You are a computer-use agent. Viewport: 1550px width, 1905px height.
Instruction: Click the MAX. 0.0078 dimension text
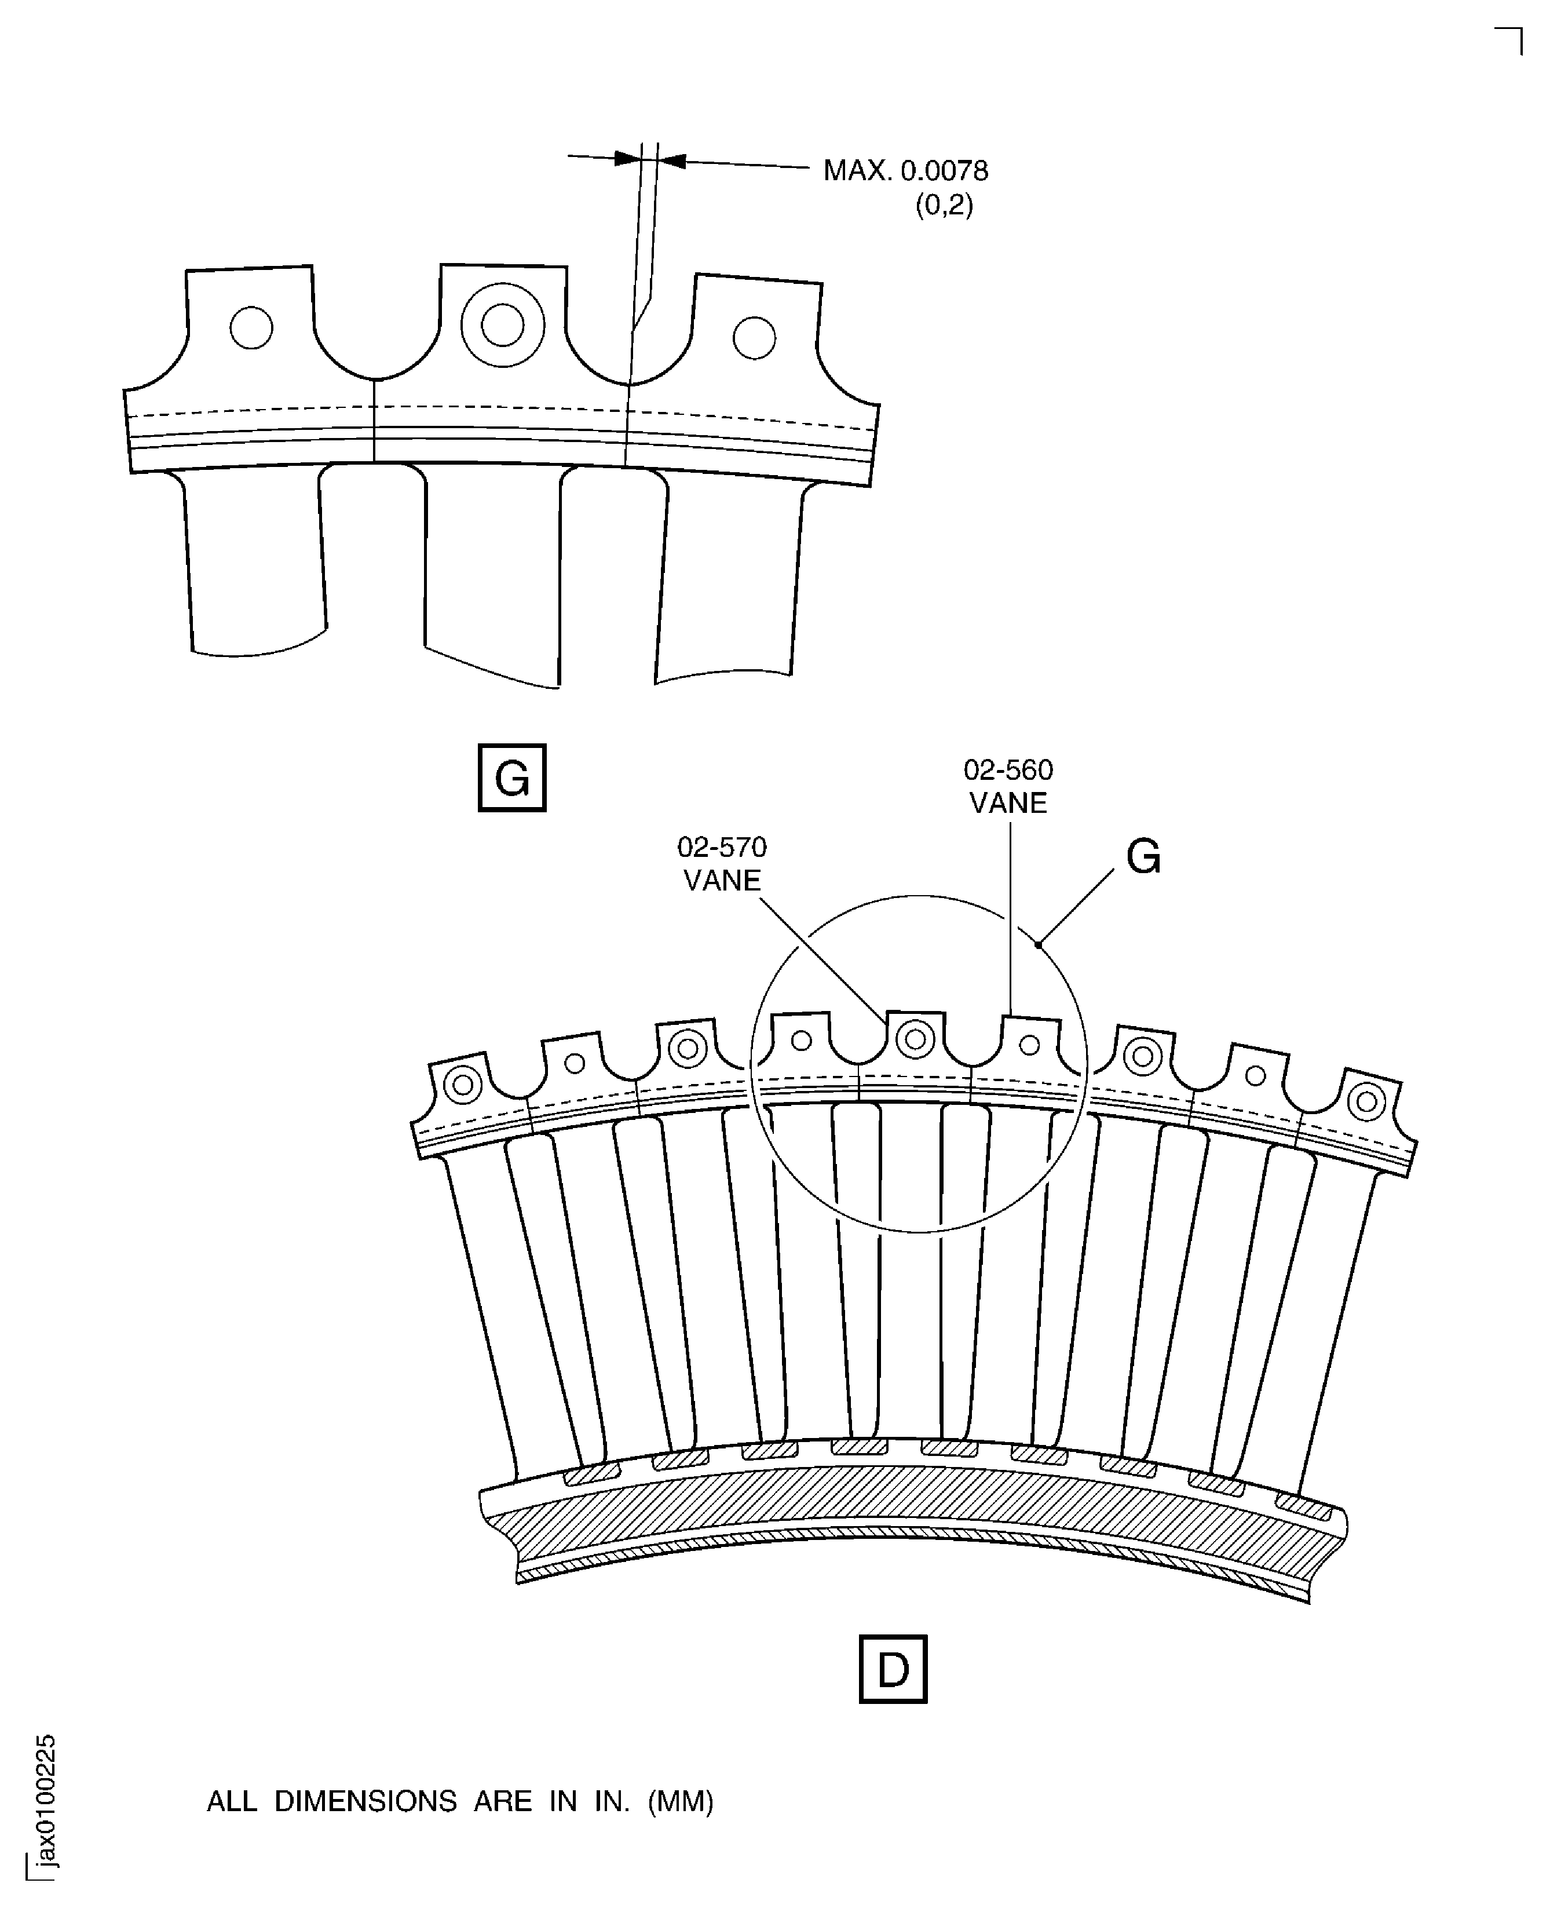point(905,170)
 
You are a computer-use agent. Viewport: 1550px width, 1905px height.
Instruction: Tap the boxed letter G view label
point(511,778)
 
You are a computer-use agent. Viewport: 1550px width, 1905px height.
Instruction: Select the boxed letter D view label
point(893,1669)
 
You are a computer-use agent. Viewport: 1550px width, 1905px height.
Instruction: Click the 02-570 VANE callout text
point(722,864)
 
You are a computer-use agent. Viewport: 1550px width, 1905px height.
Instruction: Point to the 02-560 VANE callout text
point(1008,786)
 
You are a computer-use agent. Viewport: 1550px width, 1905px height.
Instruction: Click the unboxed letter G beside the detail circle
point(1144,858)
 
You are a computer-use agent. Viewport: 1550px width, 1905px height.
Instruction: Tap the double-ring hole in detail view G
point(503,325)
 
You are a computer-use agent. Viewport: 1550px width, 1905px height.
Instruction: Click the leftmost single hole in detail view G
point(251,328)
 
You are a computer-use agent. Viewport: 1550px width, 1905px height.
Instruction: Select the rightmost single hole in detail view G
point(755,338)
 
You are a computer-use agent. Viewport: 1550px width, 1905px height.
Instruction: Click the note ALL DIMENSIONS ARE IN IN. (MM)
point(460,1801)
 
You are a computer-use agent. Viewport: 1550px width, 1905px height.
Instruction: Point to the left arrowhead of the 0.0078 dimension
point(628,159)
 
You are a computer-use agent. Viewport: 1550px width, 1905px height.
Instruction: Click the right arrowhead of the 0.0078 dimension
point(671,162)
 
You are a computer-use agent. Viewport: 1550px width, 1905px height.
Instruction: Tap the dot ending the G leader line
point(1039,944)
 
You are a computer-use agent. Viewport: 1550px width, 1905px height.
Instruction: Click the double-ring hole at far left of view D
point(462,1085)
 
